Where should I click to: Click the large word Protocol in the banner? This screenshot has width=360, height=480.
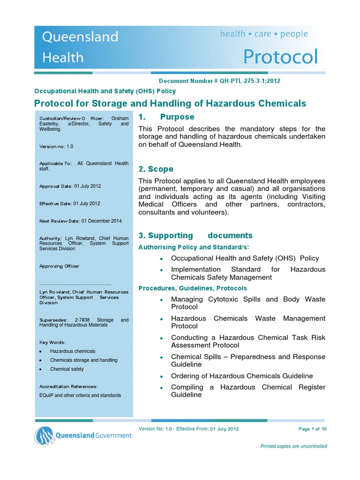pos(280,57)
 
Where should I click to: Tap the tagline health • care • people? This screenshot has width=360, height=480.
pos(264,34)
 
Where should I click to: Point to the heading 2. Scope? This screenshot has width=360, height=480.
pos(156,169)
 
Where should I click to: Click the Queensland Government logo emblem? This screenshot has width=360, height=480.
pos(44,435)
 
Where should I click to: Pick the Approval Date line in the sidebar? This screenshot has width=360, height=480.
pos(70,186)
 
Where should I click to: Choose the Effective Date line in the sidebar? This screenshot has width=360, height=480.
pos(70,204)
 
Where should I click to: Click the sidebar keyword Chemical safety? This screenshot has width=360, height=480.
pos(67,369)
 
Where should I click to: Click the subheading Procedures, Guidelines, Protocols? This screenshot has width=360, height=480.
pos(193,288)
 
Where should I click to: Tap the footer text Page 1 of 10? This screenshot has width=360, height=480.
pos(312,429)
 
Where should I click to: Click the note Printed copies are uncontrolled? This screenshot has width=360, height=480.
pos(293,446)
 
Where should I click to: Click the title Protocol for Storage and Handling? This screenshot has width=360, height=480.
pos(171,104)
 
